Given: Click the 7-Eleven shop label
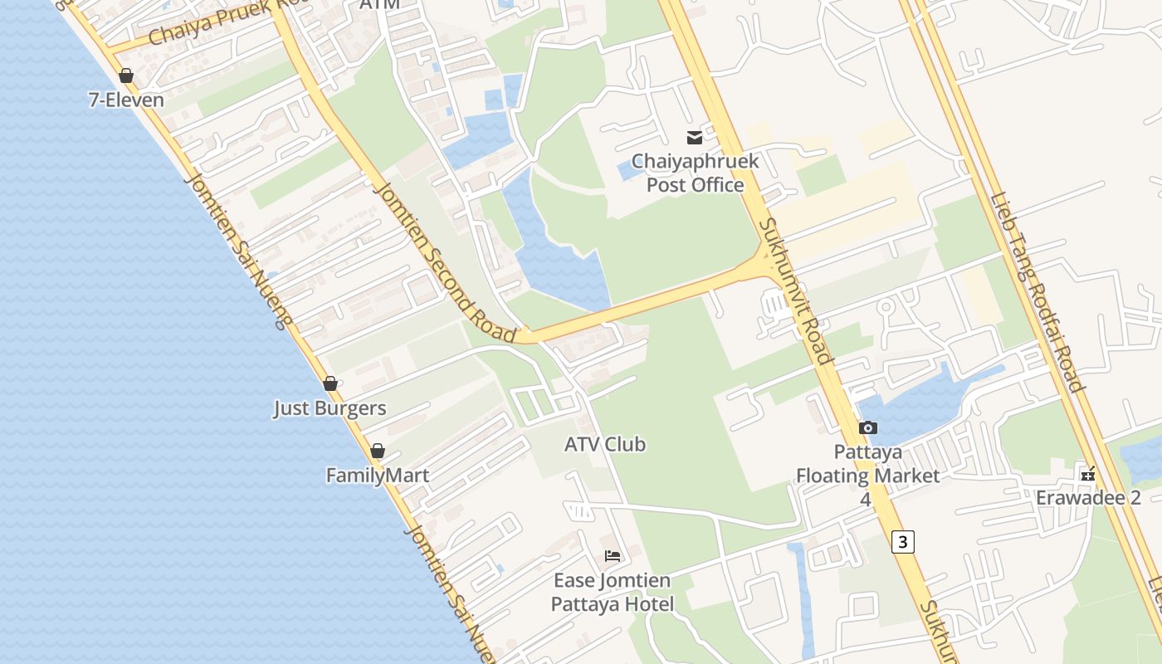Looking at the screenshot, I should tap(126, 100).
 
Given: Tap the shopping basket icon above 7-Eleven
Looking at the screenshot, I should tap(126, 76).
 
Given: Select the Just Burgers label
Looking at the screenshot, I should tap(330, 408).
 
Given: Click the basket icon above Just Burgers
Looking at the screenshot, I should tap(330, 383).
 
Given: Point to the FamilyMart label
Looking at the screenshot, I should tap(378, 476).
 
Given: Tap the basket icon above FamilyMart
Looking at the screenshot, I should tap(378, 451).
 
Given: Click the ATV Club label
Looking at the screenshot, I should tap(605, 444).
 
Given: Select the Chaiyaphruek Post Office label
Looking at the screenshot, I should tap(695, 173).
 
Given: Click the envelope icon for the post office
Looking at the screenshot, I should tap(695, 137).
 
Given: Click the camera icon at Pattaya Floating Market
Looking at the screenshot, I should tap(868, 428).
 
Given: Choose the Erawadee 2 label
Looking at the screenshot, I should tap(1088, 498).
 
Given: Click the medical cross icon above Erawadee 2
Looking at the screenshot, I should tap(1088, 475).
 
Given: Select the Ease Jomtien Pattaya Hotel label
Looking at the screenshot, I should tap(613, 592).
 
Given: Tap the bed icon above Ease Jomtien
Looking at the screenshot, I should tap(613, 555).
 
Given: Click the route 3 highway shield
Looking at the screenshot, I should tap(903, 542).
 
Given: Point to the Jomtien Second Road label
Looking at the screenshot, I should tap(445, 261).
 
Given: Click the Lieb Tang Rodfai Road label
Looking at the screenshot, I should tap(1037, 292).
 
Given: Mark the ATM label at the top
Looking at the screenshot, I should tap(379, 5).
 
